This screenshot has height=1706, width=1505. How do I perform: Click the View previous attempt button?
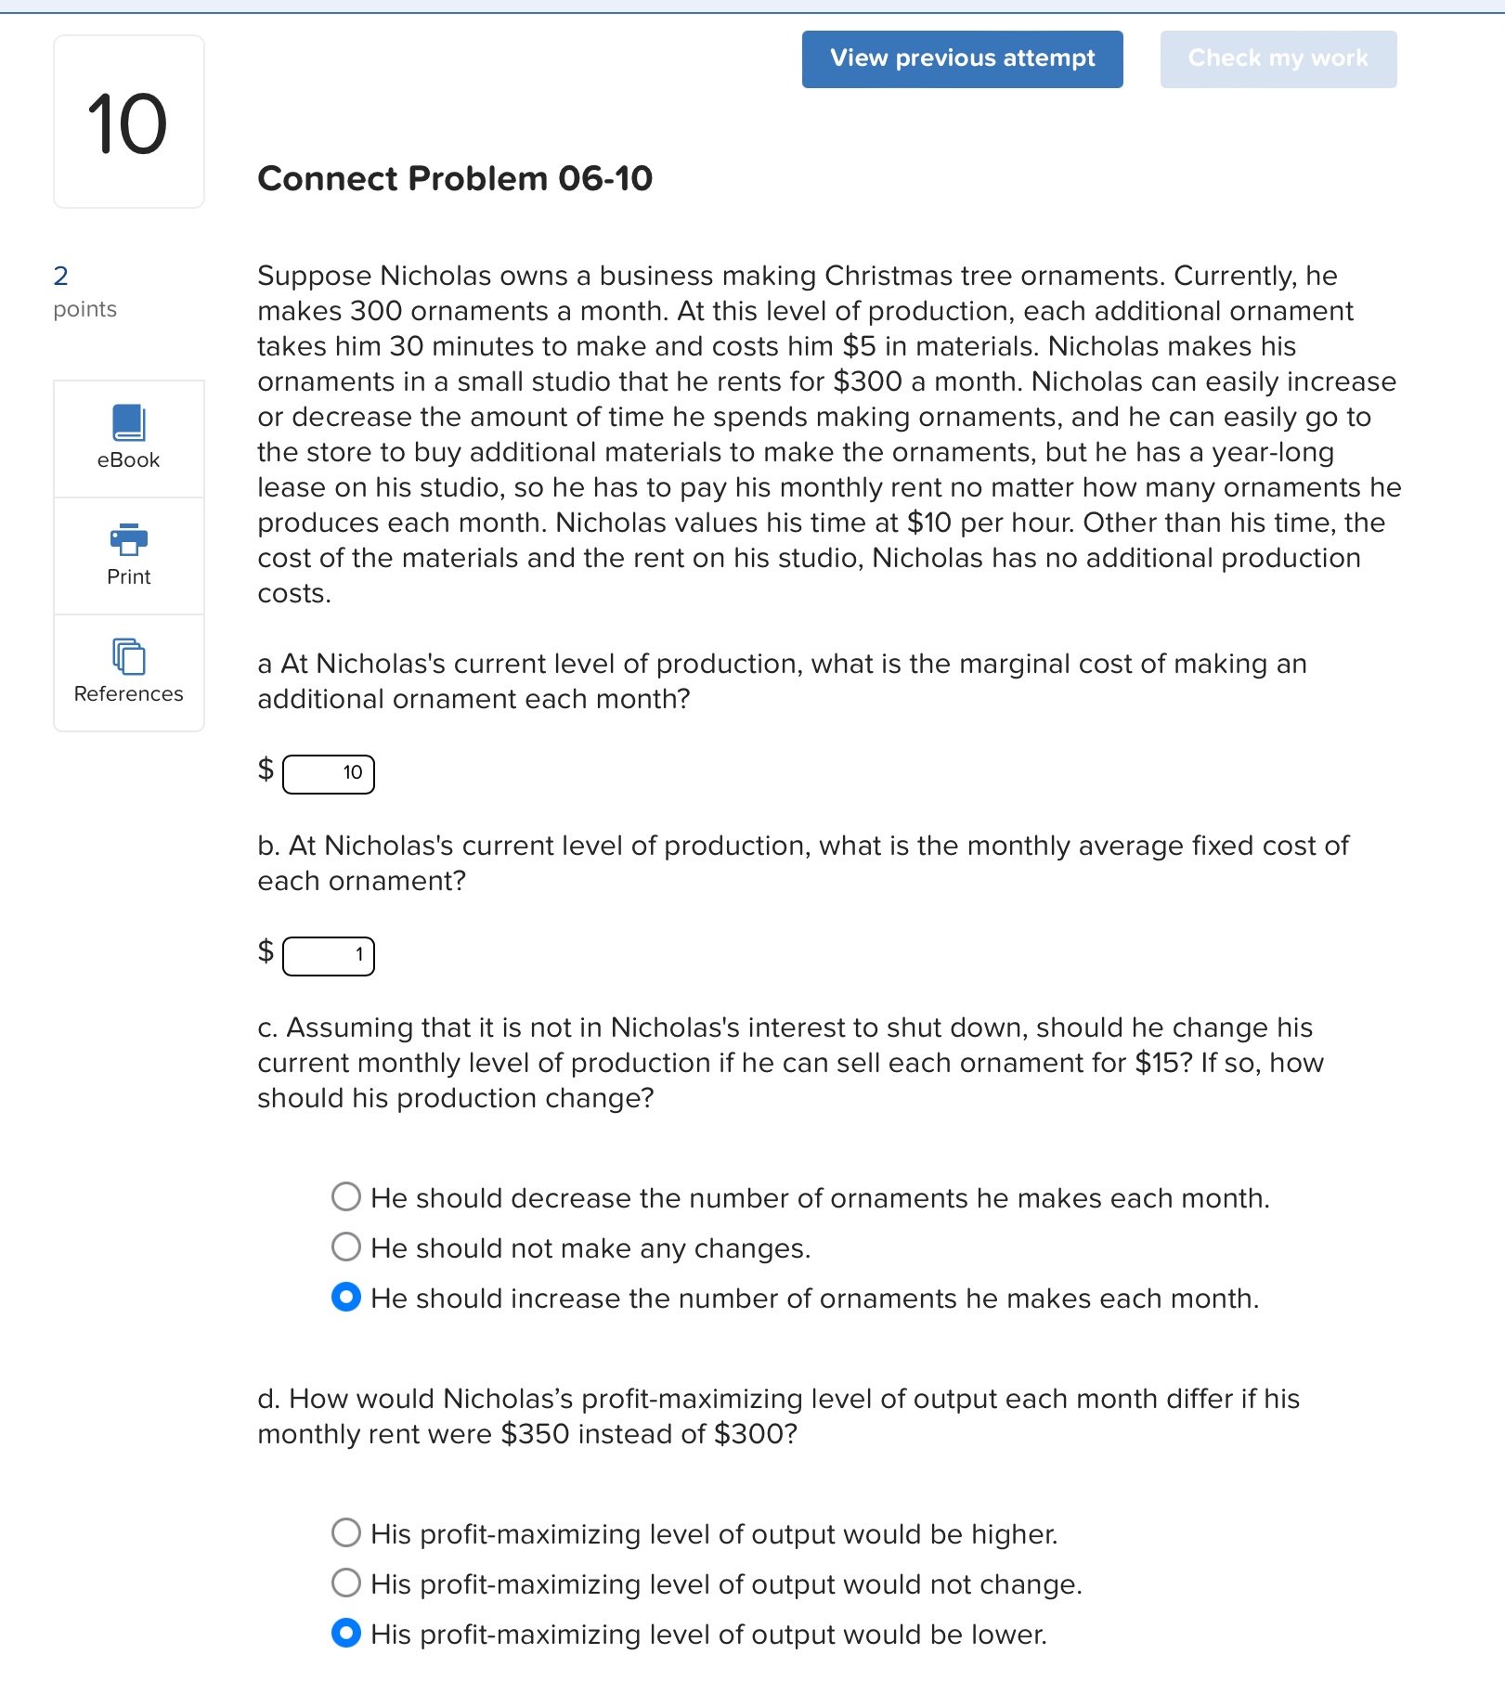pos(962,58)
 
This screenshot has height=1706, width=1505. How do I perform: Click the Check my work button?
pos(1278,58)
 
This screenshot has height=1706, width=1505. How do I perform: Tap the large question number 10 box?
pos(128,123)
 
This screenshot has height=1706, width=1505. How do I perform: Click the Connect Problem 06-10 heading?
pos(455,178)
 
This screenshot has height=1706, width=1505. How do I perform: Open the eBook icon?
pos(128,422)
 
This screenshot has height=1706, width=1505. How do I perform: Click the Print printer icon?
pos(128,538)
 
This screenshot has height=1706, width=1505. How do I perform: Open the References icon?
pos(128,656)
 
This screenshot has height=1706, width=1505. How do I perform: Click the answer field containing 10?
pos(329,773)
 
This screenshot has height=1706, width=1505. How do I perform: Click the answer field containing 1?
pos(329,955)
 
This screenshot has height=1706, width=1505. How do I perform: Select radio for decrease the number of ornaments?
pos(346,1196)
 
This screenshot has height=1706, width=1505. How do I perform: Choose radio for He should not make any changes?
pos(346,1247)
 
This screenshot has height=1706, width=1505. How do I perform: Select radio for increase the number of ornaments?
pos(346,1297)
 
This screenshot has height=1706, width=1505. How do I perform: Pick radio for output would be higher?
pos(346,1532)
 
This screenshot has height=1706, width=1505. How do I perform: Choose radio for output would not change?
pos(346,1583)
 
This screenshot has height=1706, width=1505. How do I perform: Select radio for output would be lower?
pos(346,1633)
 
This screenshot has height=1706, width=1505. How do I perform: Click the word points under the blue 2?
pos(84,309)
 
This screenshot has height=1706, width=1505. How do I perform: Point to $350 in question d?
pos(534,1434)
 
